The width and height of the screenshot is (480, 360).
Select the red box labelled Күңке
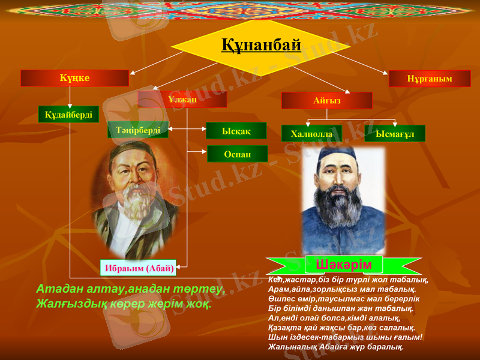pyautogui.click(x=74, y=78)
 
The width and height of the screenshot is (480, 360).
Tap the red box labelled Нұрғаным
pyautogui.click(x=430, y=79)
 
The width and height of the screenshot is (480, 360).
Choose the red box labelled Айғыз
pyautogui.click(x=326, y=101)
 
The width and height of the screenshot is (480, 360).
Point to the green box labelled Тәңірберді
pyautogui.click(x=137, y=130)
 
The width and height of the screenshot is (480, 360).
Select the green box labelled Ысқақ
pyautogui.click(x=236, y=131)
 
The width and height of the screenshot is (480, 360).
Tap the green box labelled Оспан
pyautogui.click(x=237, y=154)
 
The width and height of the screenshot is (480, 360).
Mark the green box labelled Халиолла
pyautogui.click(x=311, y=134)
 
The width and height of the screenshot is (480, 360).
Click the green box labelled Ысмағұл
pyautogui.click(x=395, y=134)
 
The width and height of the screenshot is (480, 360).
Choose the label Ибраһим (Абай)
pyautogui.click(x=138, y=268)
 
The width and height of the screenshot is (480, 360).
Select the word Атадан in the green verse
pyautogui.click(x=59, y=290)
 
